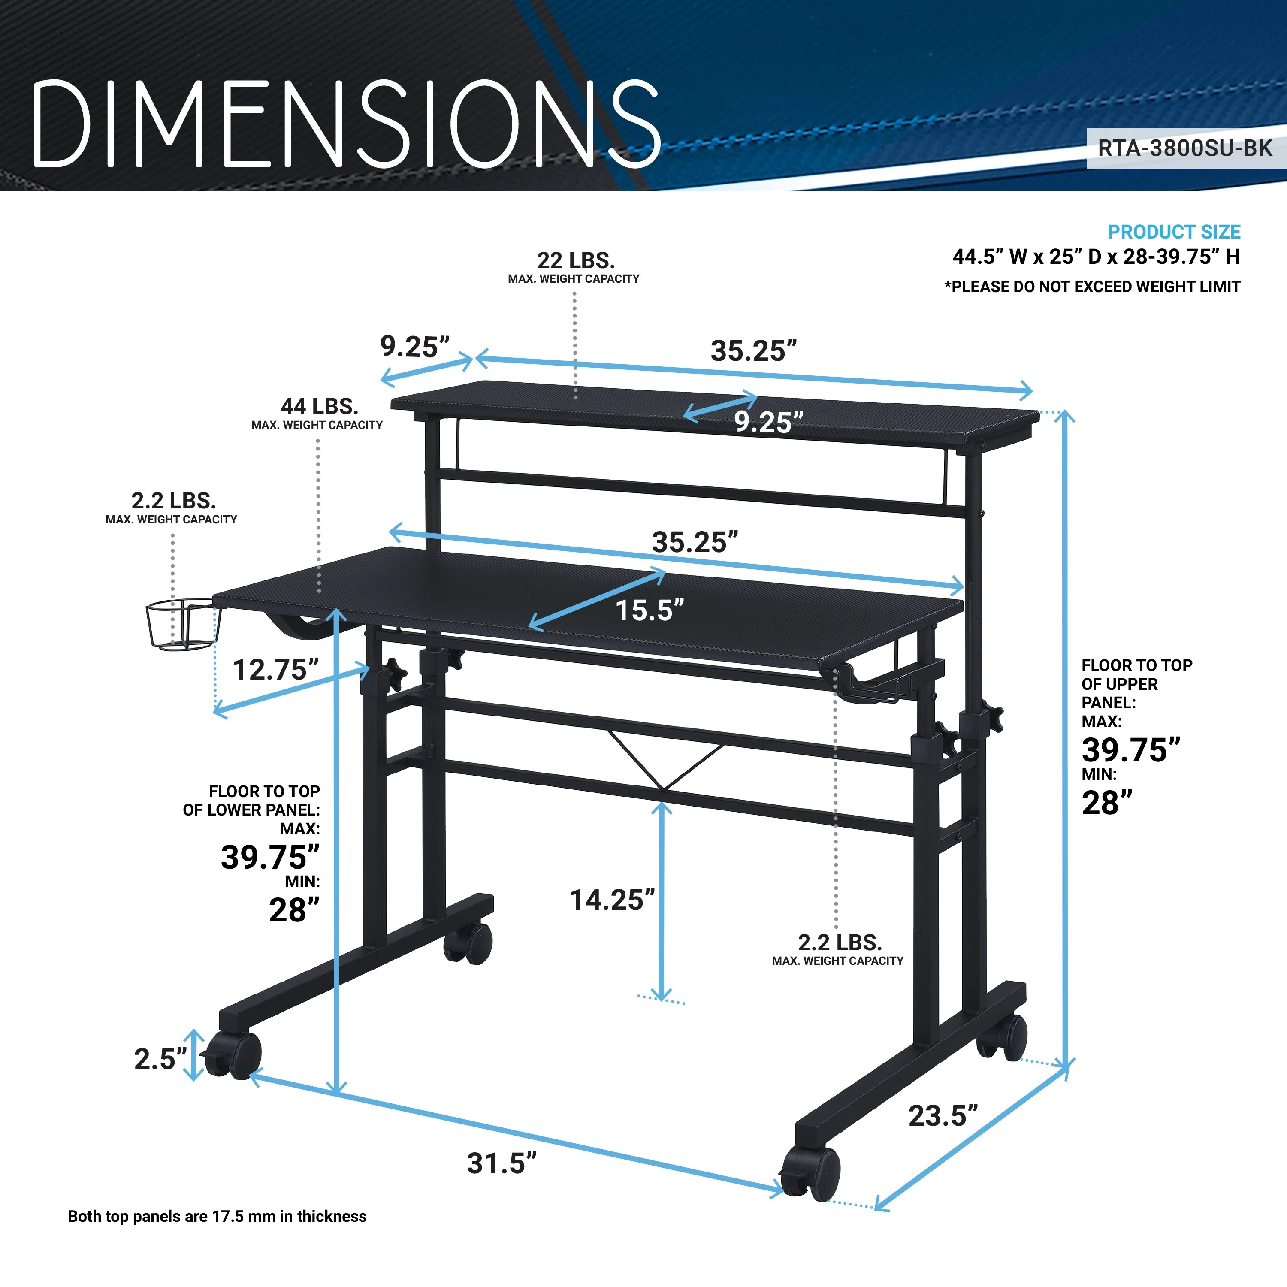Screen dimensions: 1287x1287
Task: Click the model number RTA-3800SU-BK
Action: click(1184, 148)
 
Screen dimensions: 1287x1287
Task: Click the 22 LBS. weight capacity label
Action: click(576, 260)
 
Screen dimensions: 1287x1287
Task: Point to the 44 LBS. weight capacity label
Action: click(319, 406)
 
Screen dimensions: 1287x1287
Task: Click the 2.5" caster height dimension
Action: click(160, 1059)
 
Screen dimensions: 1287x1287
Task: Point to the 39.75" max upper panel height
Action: click(1130, 750)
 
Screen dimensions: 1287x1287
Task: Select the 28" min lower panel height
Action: click(294, 910)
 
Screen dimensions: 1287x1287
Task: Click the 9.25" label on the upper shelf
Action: click(769, 422)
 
